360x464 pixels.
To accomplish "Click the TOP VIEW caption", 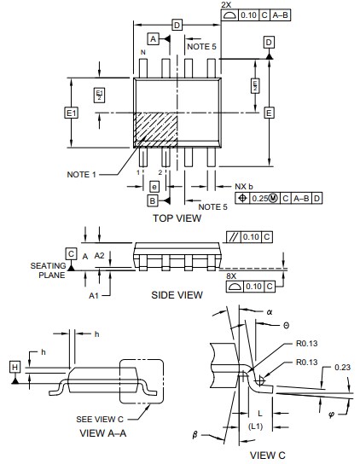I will tap(177, 218).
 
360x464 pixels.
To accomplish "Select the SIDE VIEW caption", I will tap(177, 295).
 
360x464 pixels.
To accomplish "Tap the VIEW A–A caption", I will tap(103, 432).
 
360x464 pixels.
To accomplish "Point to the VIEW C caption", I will tap(269, 455).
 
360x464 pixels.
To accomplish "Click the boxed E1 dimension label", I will tap(71, 113).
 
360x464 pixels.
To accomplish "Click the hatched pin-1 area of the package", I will tap(155, 129).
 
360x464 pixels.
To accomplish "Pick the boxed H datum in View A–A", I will tap(15, 367).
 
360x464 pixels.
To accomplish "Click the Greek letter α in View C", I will tap(269, 313).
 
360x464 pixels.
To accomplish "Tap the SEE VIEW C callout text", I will tap(100, 419).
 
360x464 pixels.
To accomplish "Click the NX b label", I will tap(245, 186).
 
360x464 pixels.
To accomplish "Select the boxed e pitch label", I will tap(154, 186).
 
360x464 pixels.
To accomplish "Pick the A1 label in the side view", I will tap(94, 294).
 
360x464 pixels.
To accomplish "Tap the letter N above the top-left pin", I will tap(142, 53).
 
